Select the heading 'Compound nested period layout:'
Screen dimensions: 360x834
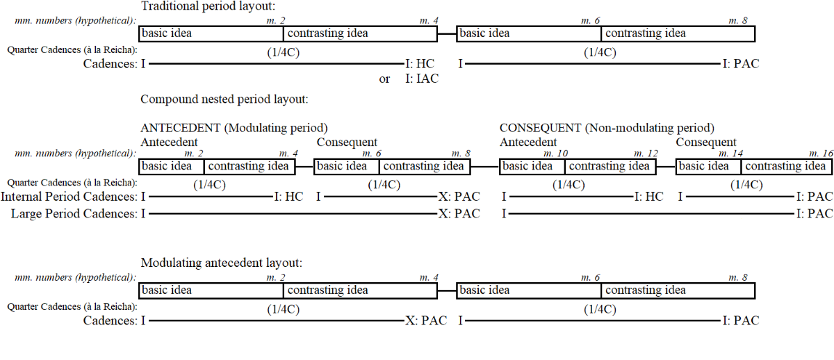224,99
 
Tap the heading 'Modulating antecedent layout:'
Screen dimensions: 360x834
221,263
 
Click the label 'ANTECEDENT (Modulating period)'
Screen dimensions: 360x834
234,129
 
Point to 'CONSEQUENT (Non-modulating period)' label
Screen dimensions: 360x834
607,129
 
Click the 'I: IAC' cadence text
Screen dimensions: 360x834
422,79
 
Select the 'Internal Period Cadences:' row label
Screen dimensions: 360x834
69,197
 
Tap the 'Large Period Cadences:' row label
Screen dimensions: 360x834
74,214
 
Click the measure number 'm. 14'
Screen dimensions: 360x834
728,153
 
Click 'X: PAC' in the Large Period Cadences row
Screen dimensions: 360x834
459,214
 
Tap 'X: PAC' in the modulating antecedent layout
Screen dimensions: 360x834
426,321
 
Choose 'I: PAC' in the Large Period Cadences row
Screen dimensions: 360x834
814,214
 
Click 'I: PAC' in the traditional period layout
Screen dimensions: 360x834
741,64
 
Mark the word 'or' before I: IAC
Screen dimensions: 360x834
384,79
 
